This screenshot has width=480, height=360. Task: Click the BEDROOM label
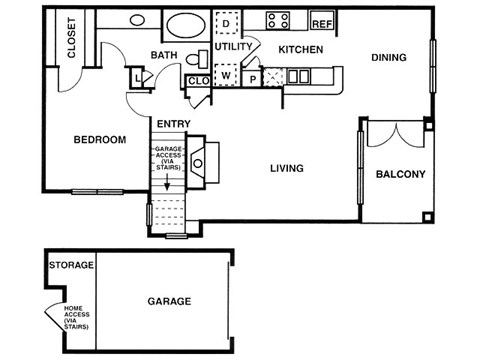tap(100, 140)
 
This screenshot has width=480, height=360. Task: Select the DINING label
tap(388, 58)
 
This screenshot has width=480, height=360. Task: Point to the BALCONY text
tap(400, 175)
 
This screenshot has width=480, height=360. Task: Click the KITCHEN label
tap(299, 49)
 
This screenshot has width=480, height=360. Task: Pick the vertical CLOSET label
tap(71, 40)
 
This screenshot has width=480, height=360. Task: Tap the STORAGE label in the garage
tap(71, 265)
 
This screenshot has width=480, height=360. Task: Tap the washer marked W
tap(226, 75)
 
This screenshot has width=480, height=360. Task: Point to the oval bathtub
tap(183, 25)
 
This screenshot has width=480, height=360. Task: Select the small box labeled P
tap(253, 76)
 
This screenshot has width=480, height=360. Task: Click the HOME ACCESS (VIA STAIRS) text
tap(76, 317)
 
